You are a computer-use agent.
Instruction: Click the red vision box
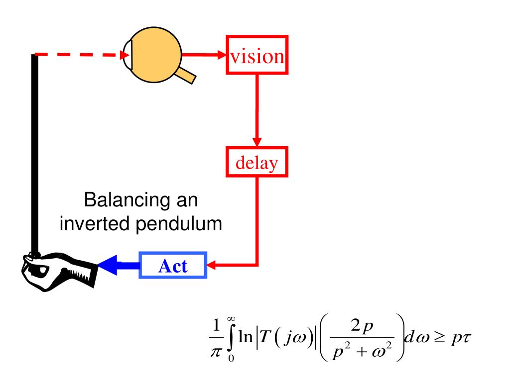tap(256, 55)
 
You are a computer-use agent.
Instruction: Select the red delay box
tap(256, 162)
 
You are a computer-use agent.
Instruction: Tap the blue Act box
tap(173, 266)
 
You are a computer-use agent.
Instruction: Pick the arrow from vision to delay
tap(256, 109)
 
